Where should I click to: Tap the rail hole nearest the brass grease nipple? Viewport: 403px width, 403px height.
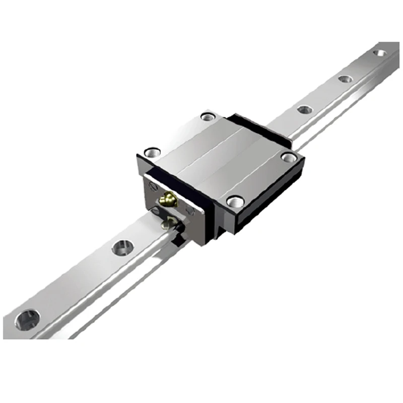pyautogui.click(x=122, y=247)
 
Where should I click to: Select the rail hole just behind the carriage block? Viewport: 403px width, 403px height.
pyautogui.click(x=305, y=109)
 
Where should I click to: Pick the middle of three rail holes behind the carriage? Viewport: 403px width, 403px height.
pyautogui.click(x=345, y=79)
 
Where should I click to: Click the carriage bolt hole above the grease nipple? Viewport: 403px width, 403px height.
pyautogui.click(x=152, y=151)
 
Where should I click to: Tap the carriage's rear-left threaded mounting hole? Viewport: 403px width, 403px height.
pyautogui.click(x=208, y=117)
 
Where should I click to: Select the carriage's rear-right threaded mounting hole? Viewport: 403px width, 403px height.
pyautogui.click(x=289, y=157)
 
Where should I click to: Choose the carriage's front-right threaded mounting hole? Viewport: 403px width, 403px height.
pyautogui.click(x=235, y=201)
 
